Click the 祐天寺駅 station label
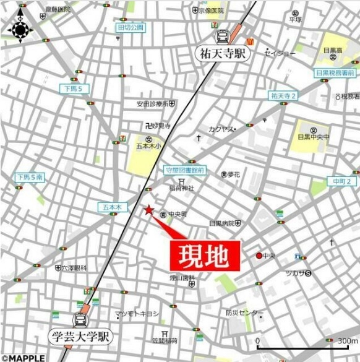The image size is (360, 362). pos(223,53)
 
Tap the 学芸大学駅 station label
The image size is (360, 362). pos(81,337)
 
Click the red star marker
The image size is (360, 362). pos(148,210)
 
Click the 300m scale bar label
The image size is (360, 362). pos(348,341)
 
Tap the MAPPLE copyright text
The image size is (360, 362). pos(23,358)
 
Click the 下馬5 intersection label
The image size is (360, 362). pos(75,89)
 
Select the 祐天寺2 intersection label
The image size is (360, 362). pos(283,95)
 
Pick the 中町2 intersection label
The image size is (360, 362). pos(342,181)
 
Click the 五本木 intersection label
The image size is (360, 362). pos(111,207)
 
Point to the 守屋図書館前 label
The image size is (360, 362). pos(185,169)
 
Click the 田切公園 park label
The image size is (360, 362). pos(131,27)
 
